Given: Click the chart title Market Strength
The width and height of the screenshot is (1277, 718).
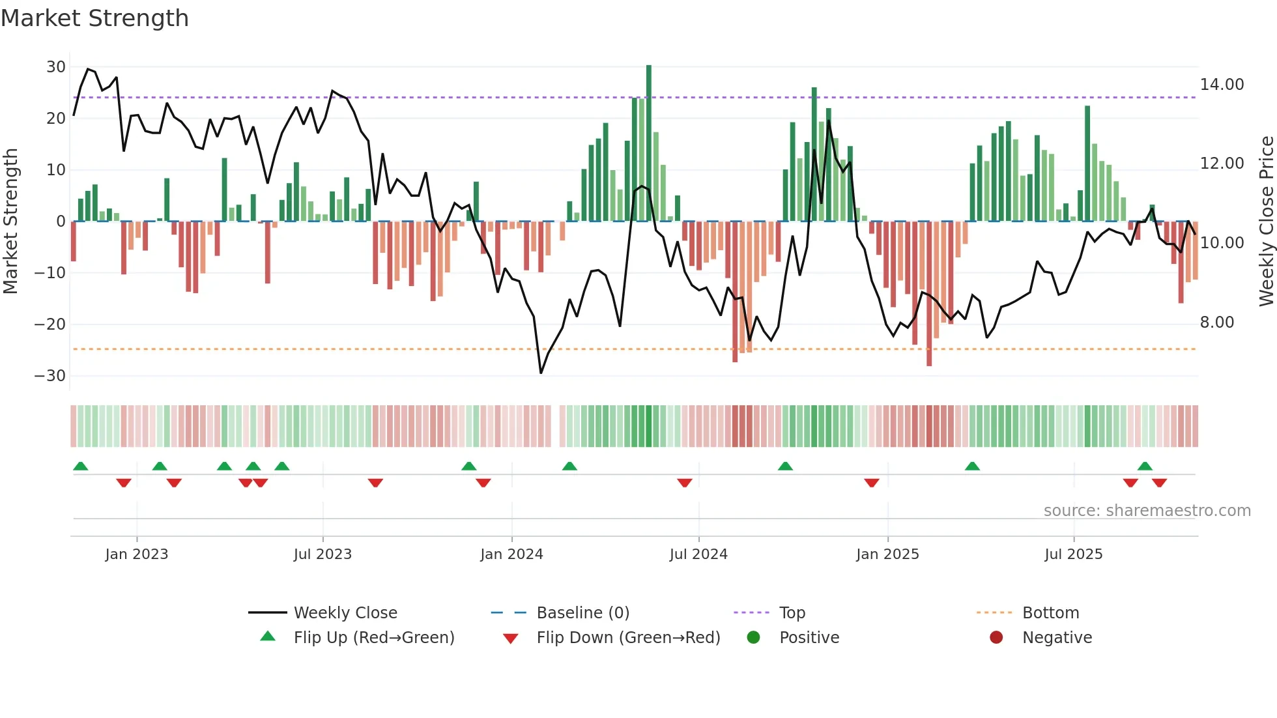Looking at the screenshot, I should point(94,18).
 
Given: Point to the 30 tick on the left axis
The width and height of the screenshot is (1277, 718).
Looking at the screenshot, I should point(56,67).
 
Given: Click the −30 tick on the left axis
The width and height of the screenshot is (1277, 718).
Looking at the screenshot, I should point(50,376).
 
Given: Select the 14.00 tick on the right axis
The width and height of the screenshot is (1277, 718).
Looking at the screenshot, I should point(1222,85).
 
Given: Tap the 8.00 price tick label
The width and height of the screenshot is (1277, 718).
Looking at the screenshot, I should point(1216,323).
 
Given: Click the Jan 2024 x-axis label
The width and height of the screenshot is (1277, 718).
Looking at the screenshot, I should point(511,554).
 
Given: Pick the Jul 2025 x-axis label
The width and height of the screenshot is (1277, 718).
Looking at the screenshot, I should point(1073,554).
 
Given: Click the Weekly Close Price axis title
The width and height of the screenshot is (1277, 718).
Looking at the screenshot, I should point(1266,222).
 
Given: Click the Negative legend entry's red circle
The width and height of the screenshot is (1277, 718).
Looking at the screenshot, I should point(996,637).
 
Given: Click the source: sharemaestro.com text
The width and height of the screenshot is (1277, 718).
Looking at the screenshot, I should point(1147,511).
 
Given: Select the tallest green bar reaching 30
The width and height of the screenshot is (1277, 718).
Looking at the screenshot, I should point(649,143).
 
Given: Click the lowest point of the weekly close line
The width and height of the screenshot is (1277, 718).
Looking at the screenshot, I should point(541,373).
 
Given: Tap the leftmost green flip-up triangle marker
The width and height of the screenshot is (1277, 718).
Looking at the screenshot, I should point(81,467).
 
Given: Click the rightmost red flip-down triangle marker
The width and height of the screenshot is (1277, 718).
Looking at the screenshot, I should point(1159,483).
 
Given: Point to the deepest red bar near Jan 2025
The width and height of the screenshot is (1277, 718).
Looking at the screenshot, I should point(929,293).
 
